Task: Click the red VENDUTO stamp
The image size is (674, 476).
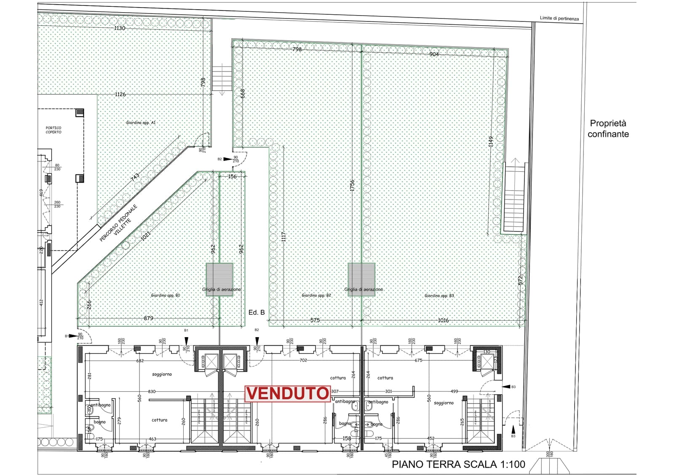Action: click(287, 394)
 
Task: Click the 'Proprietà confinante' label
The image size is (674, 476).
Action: click(608, 129)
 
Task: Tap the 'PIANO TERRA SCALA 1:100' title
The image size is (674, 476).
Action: click(458, 465)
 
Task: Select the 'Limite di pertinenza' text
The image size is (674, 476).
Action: click(559, 19)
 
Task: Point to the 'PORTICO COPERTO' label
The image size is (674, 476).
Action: click(53, 130)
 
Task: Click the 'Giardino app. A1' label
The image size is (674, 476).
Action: click(141, 122)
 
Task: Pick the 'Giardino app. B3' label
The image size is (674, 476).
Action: click(439, 296)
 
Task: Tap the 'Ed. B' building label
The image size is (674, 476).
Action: click(257, 312)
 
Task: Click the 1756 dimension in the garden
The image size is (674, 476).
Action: click(352, 186)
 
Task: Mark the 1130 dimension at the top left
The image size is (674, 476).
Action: click(120, 28)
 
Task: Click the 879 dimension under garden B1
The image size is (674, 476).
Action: click(148, 318)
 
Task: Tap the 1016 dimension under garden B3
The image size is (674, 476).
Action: click(443, 320)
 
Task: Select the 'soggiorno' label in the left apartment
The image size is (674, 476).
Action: click(162, 374)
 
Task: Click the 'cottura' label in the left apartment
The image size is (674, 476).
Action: click(159, 420)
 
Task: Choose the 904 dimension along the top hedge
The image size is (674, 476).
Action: click(434, 54)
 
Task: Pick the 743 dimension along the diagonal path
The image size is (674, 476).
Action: click(135, 177)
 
